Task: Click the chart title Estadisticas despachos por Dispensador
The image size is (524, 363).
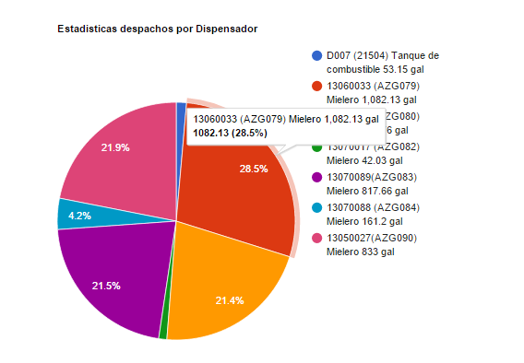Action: tap(157, 29)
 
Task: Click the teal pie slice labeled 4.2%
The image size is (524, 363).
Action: tap(76, 215)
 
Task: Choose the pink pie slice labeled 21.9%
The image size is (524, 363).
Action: tap(115, 152)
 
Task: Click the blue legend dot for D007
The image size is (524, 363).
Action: tap(317, 56)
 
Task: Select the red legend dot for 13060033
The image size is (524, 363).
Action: tap(317, 86)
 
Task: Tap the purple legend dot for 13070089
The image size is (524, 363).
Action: tap(317, 177)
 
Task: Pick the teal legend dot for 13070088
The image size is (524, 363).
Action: tap(317, 207)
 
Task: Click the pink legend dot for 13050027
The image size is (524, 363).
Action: tap(317, 238)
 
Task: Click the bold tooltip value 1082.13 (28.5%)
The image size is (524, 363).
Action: tap(230, 134)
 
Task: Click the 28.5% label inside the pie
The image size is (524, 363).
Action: tap(254, 169)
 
